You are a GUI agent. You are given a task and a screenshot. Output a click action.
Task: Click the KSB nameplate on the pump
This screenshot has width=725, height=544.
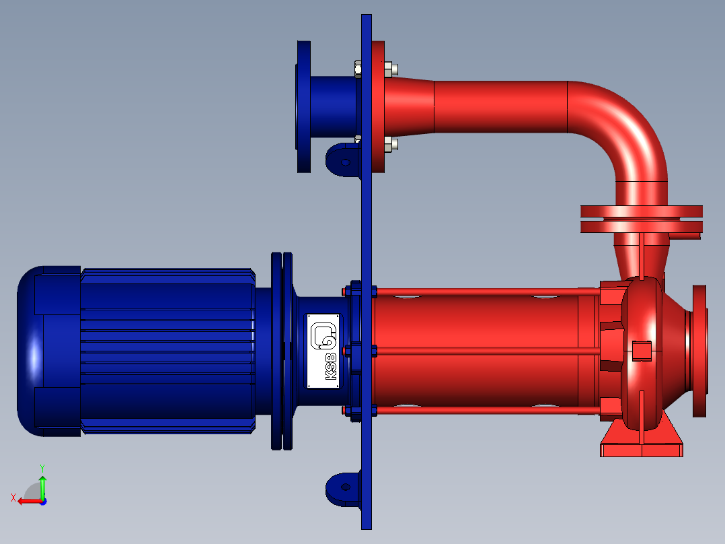click(x=323, y=351)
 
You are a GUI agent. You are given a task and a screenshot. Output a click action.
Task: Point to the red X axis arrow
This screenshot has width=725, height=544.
click(x=29, y=501)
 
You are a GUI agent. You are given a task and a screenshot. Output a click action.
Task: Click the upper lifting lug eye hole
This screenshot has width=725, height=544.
click(x=346, y=162)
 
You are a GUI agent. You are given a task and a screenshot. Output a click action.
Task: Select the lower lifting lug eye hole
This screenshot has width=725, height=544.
click(x=346, y=487)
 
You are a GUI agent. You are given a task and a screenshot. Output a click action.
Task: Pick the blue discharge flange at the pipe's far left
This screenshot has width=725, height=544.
click(x=303, y=106)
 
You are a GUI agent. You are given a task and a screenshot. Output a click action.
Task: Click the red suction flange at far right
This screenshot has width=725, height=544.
click(x=699, y=351)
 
